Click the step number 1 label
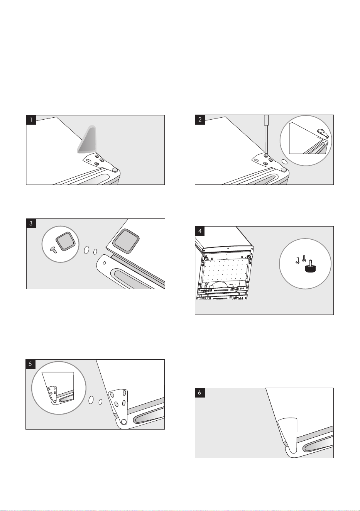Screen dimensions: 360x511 click(31, 120)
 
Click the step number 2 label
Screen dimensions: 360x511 click(200, 120)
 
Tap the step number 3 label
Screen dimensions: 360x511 click(31, 223)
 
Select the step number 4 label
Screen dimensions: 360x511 click(200, 231)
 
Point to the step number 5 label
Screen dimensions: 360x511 click(30, 364)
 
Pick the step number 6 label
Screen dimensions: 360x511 click(200, 393)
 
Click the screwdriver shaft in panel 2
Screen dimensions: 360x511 click(266, 135)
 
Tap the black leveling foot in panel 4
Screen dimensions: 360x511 click(310, 266)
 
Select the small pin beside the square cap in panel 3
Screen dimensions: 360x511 click(53, 250)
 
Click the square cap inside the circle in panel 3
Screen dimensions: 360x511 click(66, 242)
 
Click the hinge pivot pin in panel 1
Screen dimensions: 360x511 click(115, 170)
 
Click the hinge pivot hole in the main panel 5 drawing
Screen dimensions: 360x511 click(123, 422)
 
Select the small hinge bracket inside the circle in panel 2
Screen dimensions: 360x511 click(322, 133)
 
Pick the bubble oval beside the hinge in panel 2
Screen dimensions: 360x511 click(285, 162)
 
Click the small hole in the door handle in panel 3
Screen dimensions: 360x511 click(104, 263)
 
